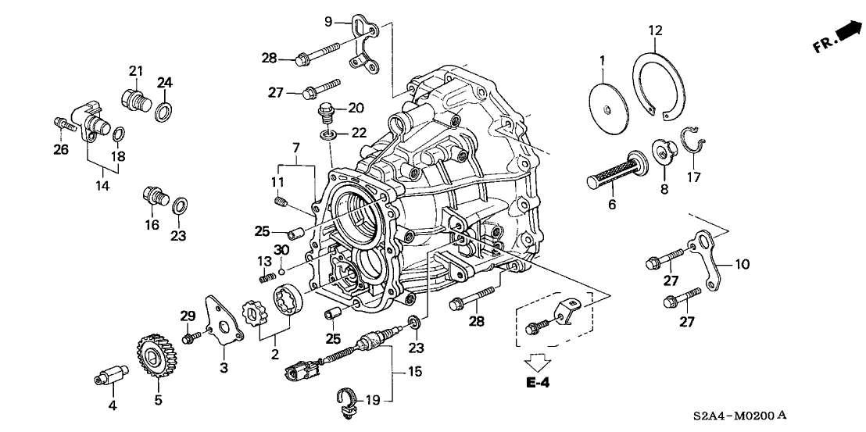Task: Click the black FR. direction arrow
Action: pyautogui.click(x=846, y=33)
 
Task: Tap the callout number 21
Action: pyautogui.click(x=137, y=72)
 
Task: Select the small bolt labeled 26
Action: pyautogui.click(x=62, y=123)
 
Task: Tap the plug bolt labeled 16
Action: pyautogui.click(x=153, y=197)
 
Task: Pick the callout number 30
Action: pyautogui.click(x=282, y=249)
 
